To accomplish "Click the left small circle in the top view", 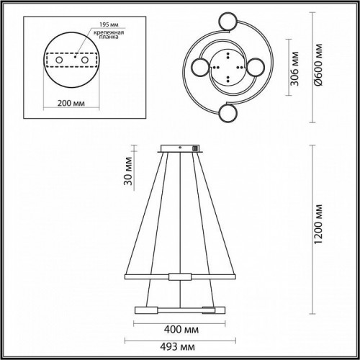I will click(x=201, y=69).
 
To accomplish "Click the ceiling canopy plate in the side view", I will click(x=179, y=149).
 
